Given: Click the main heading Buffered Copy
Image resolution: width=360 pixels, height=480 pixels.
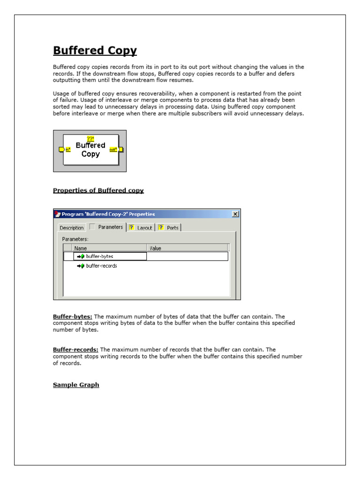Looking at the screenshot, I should [95, 51].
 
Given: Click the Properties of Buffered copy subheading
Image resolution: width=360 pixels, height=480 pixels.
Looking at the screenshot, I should [98, 190].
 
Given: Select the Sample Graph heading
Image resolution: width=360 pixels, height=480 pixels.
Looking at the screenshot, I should [76, 385].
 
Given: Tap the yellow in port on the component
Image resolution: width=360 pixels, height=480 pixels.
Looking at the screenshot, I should [61, 150].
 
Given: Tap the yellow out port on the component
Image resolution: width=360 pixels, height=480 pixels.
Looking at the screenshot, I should [120, 150].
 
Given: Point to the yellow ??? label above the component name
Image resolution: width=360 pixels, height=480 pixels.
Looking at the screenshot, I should [90, 138].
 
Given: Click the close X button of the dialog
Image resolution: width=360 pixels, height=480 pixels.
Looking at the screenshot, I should [235, 214].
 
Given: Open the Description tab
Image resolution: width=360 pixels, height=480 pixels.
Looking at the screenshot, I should [72, 228].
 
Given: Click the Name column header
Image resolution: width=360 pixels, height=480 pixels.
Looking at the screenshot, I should [81, 248].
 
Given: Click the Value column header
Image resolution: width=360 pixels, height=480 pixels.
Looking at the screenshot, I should [155, 248].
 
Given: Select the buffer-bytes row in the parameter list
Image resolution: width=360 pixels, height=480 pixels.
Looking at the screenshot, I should [99, 256].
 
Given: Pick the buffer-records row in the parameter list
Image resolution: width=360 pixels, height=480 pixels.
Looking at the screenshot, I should [101, 266].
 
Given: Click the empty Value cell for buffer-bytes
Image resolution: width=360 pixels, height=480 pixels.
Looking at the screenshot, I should [187, 256].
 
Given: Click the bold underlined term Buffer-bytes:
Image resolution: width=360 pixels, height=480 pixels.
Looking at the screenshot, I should [72, 317].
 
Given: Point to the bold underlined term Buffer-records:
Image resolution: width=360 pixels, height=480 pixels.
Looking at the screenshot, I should [75, 350].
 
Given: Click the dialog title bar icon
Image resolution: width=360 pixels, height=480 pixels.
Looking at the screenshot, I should [58, 214].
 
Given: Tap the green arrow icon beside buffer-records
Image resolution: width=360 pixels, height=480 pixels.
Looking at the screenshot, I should [81, 266].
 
